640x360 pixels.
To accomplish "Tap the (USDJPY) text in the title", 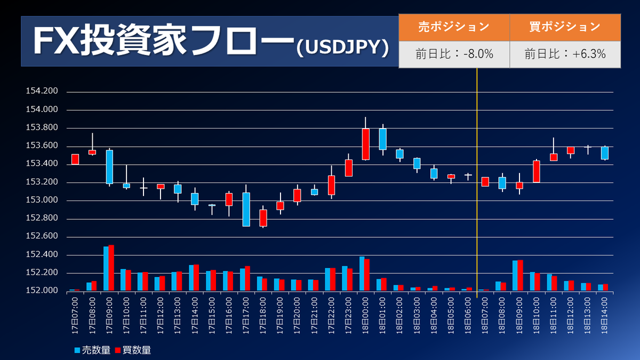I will (x=342, y=47).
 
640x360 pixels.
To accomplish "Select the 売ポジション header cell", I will (x=454, y=27).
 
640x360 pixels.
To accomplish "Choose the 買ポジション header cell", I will (x=565, y=27).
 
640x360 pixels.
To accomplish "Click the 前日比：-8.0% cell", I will (x=454, y=54).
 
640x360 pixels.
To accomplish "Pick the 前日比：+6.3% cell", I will (x=565, y=54).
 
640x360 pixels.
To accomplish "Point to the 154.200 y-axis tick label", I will (x=42, y=92).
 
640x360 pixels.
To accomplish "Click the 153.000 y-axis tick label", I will (x=42, y=201).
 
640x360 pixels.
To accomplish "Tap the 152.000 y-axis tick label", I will (x=42, y=291).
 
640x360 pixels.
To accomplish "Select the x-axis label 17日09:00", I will (x=109, y=316).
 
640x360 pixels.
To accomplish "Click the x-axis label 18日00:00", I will (x=365, y=316).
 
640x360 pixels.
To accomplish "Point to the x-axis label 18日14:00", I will (x=604, y=316).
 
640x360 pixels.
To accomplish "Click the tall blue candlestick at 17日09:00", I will (x=109, y=166).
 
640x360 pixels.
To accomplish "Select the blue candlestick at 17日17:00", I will (x=246, y=209).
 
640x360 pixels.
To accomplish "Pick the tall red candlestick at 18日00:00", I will (x=365, y=144).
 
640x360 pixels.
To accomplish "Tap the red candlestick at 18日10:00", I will (x=536, y=171).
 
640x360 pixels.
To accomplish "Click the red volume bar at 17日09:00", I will (x=111, y=268).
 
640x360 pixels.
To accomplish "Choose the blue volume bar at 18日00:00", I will (x=362, y=274).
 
